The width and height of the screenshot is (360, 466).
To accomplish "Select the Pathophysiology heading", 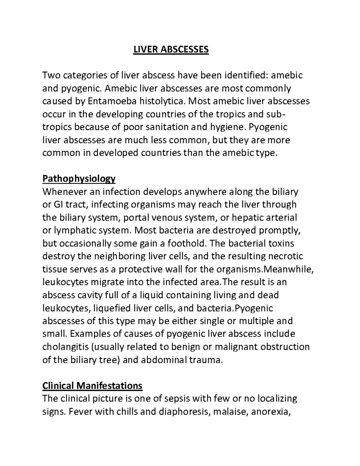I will pos(79,179).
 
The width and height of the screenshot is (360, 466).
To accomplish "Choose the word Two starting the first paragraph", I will pos(52,75).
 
